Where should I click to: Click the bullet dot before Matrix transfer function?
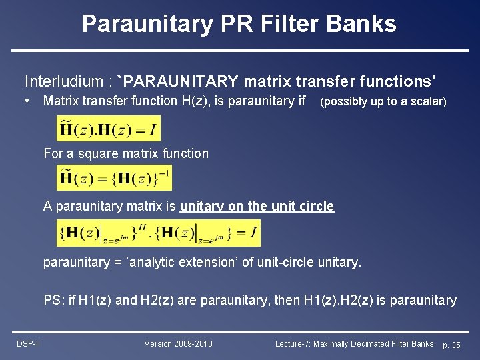tap(27, 101)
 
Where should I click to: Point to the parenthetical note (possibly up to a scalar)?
tap(383, 102)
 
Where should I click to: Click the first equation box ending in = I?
tap(109, 128)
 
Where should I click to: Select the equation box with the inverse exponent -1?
tap(114, 179)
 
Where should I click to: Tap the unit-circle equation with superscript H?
tap(159, 233)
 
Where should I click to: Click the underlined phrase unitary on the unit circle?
tap(257, 206)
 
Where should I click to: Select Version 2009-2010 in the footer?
tap(179, 344)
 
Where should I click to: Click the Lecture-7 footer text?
tap(354, 344)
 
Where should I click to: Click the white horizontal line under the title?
tap(240, 51)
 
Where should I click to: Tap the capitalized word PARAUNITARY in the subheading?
tap(181, 81)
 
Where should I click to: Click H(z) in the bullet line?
tap(198, 101)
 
